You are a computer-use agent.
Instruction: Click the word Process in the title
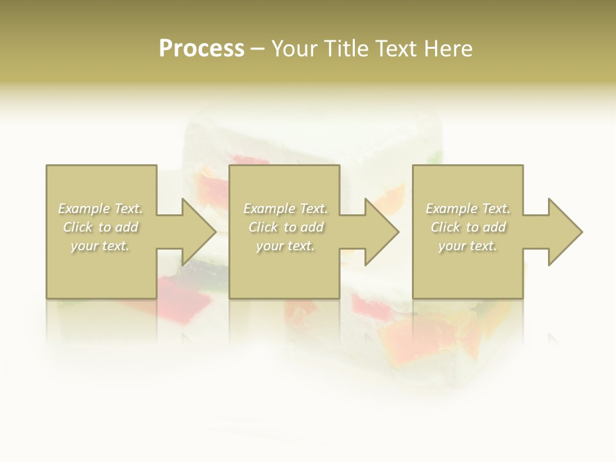(x=201, y=49)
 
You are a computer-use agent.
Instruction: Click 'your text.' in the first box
(x=100, y=246)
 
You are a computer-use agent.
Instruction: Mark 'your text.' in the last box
(x=468, y=246)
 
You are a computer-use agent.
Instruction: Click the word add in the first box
(x=128, y=227)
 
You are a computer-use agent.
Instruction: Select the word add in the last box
(x=495, y=227)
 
